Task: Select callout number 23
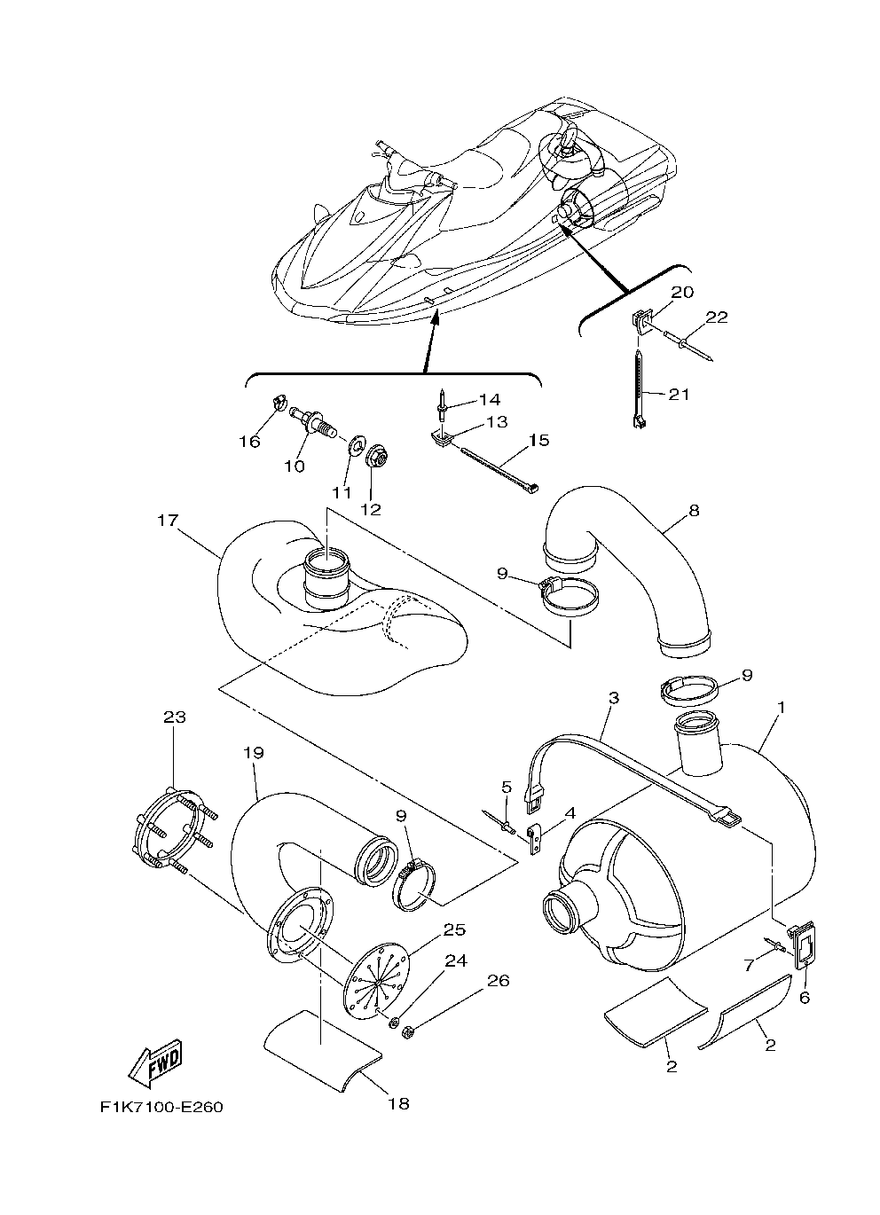(x=175, y=717)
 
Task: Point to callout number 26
(x=499, y=980)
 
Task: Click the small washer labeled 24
(x=393, y=1023)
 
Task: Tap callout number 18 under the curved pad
(x=398, y=1103)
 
